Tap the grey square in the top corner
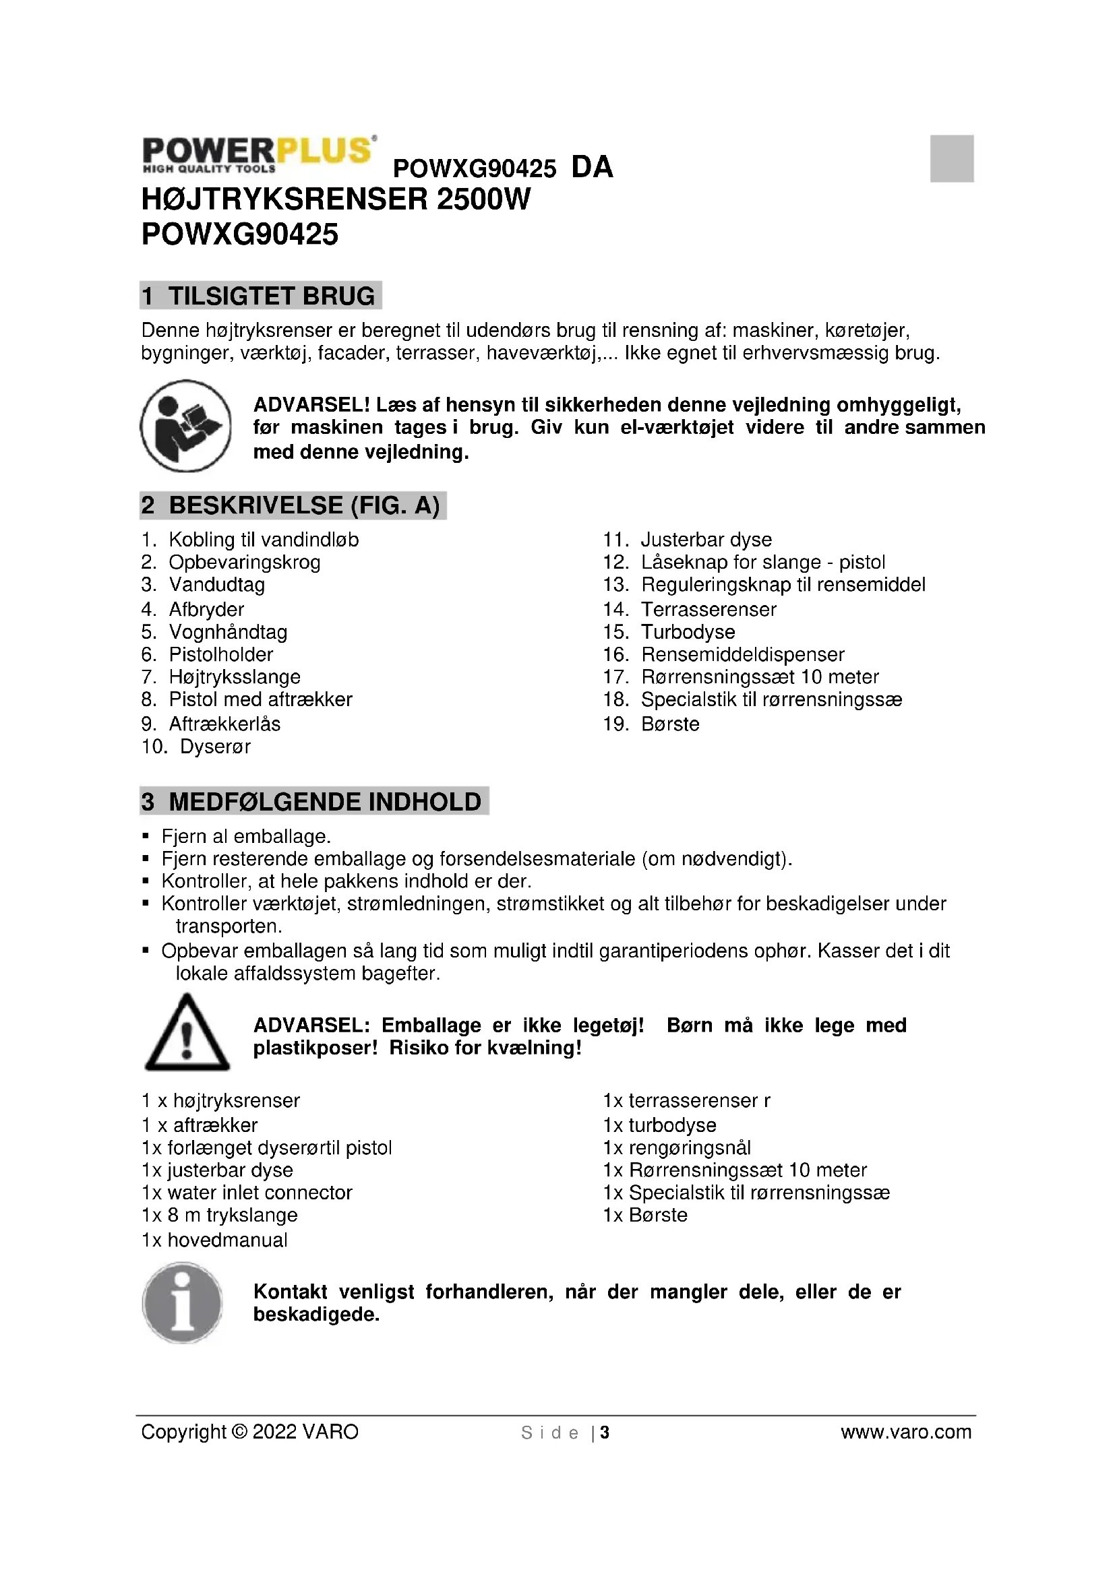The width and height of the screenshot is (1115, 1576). point(952,158)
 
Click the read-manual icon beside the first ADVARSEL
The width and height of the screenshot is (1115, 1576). point(186,426)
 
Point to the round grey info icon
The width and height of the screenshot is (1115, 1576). point(183,1302)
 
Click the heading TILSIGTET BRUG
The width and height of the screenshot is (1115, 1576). point(261,296)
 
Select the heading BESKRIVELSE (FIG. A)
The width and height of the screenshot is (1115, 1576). point(293,505)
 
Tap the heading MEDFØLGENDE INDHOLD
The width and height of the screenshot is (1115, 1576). point(314,801)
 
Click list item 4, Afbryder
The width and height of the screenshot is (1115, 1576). point(206,610)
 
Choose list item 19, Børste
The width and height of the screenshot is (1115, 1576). point(669,724)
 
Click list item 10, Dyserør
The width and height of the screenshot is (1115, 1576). point(215,747)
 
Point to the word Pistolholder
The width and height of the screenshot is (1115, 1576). point(221,655)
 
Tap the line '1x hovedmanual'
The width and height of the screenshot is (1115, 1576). point(214,1240)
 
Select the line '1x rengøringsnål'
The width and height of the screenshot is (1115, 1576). point(677,1147)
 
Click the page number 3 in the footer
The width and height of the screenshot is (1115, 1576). point(604,1432)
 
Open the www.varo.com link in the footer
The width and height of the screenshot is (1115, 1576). point(905,1432)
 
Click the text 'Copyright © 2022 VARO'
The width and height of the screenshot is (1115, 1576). point(250,1432)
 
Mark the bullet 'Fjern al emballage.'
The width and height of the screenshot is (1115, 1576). point(246,836)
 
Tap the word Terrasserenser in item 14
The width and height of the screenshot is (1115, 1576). point(709,610)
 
